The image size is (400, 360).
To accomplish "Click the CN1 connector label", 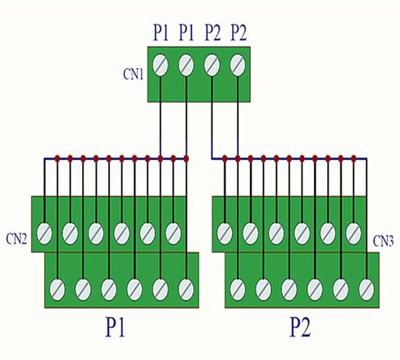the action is [x=134, y=74].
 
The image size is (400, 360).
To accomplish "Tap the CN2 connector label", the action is [x=16, y=239].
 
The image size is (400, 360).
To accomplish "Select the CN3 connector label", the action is [x=384, y=241].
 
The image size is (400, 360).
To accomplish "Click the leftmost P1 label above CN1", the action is [x=161, y=33].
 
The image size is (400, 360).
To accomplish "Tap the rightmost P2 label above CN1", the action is [x=239, y=33].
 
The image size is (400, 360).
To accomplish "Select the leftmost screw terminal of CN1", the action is [x=161, y=66].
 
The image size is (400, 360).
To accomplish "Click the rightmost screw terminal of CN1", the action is [x=238, y=66].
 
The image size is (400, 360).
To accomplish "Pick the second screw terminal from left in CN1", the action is [x=186, y=66].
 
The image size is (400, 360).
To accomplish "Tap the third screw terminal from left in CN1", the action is [x=212, y=66].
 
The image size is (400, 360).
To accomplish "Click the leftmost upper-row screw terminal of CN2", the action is [x=44, y=234].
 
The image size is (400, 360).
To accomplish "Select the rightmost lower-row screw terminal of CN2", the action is [x=186, y=289].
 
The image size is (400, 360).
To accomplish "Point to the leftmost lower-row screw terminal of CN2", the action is [x=57, y=289].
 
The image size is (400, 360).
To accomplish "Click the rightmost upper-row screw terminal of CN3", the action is [x=353, y=234].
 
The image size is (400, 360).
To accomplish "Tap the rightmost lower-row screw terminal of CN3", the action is [x=366, y=289].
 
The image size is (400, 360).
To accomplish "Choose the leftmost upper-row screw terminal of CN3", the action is [x=225, y=234].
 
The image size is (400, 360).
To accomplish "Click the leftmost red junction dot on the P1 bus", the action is [x=57, y=158].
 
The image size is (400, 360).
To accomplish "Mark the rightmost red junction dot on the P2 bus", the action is [x=353, y=158].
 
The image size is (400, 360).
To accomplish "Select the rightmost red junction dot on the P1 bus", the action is [x=186, y=158].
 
